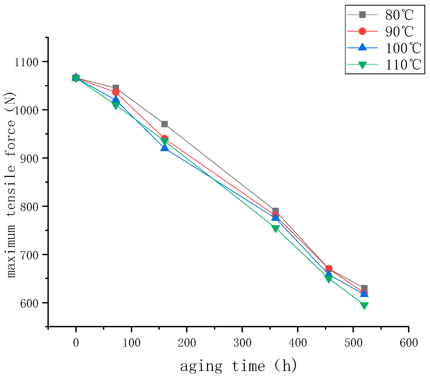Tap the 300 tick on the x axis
tap(242, 343)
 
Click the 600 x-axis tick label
tap(409, 343)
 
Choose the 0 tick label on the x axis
tap(76, 343)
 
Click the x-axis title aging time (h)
tap(238, 366)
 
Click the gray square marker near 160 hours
tap(165, 124)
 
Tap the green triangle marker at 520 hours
tap(364, 305)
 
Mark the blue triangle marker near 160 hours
tap(165, 147)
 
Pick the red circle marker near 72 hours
tap(116, 92)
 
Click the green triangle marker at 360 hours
tap(275, 228)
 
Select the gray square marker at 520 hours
tap(364, 288)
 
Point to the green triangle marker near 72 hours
tap(116, 106)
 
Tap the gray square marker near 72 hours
tap(116, 88)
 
